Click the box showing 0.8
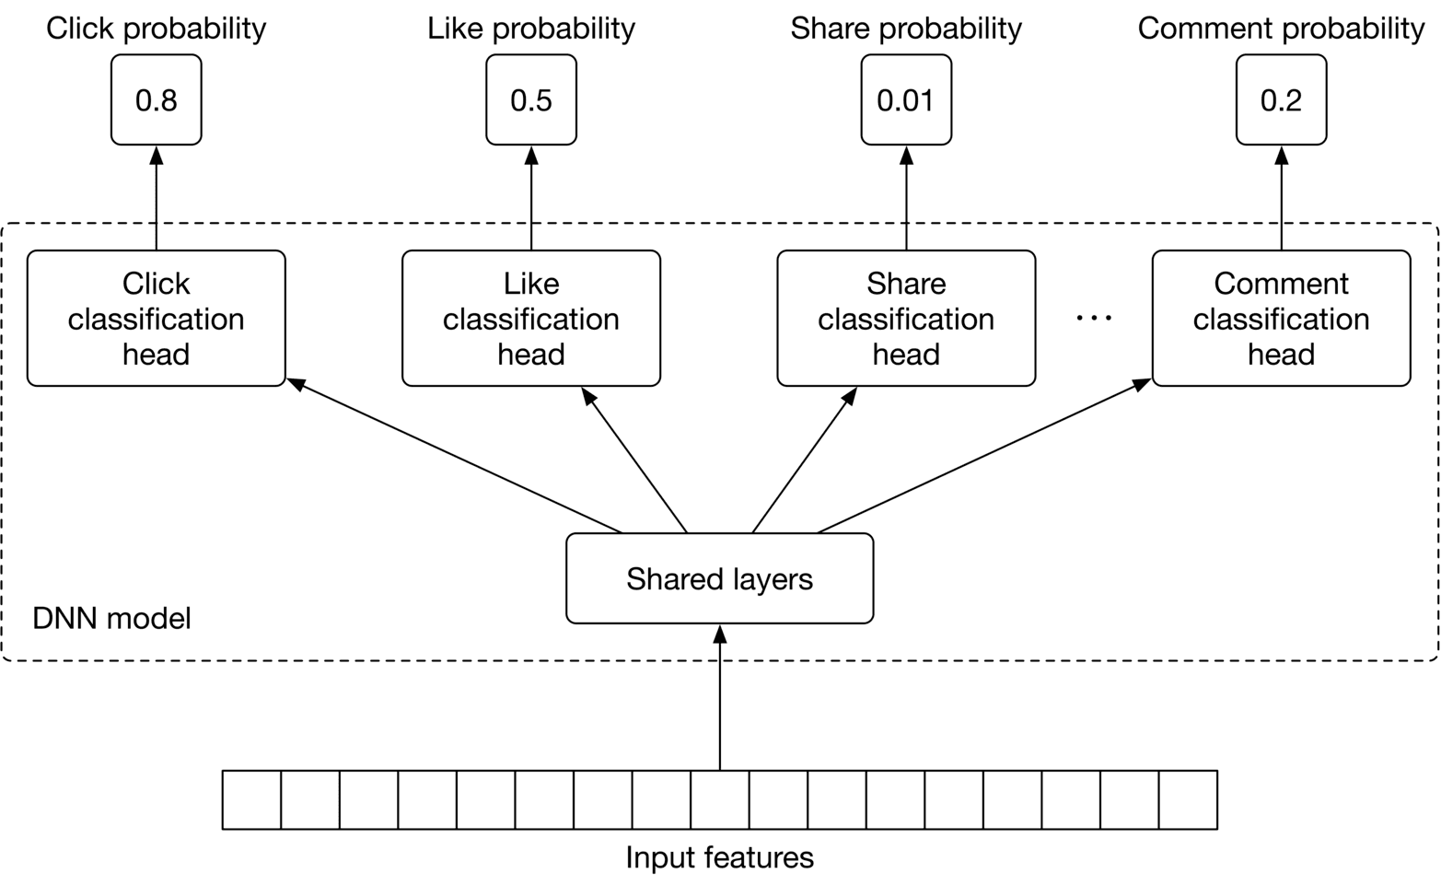156,99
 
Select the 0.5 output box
530,99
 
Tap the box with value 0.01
906,99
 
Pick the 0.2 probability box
1281,99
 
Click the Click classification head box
156,318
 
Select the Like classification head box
530,318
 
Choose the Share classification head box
906,318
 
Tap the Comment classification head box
1281,318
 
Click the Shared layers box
719,578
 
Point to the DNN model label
111,618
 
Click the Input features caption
719,857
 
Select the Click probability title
156,29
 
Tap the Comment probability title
1281,29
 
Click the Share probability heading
906,29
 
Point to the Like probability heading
530,29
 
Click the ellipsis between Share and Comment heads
1094,318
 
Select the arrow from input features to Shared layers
719,700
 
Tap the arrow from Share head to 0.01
906,198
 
